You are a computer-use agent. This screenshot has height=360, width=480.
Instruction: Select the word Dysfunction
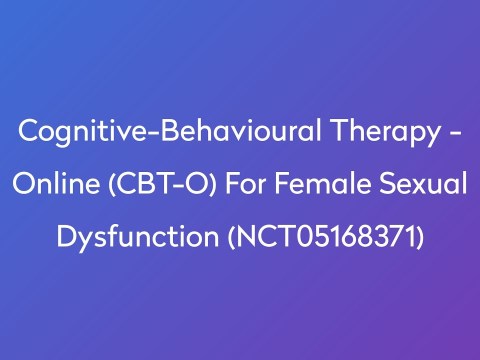coord(139,238)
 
